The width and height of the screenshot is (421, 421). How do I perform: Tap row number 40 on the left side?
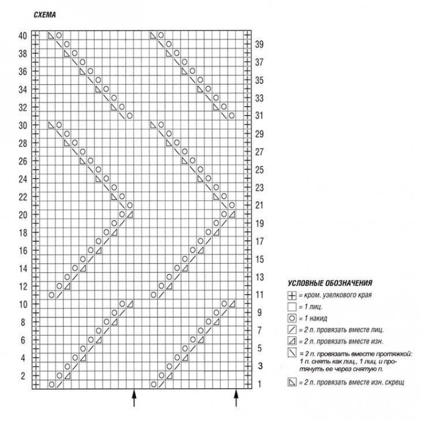(23, 35)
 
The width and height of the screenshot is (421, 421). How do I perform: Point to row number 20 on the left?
(23, 215)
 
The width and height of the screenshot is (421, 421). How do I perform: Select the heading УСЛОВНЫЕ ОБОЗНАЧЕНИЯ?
(329, 284)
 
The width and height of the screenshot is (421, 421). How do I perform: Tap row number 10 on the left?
(23, 304)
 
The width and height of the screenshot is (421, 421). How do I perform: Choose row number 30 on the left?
(23, 125)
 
